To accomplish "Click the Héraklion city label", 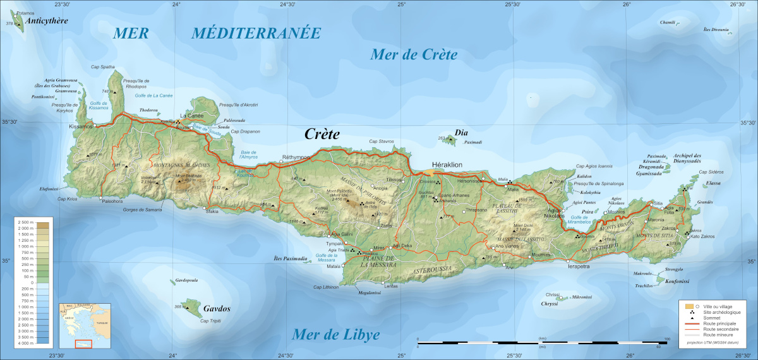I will click(x=447, y=164).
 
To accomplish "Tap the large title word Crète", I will click(x=322, y=135).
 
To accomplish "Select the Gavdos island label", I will click(x=217, y=309).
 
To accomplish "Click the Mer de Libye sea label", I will click(x=336, y=335).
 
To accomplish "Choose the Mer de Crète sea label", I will click(x=413, y=55).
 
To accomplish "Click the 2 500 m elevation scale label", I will click(x=27, y=224).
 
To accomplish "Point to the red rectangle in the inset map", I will click(x=83, y=344).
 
